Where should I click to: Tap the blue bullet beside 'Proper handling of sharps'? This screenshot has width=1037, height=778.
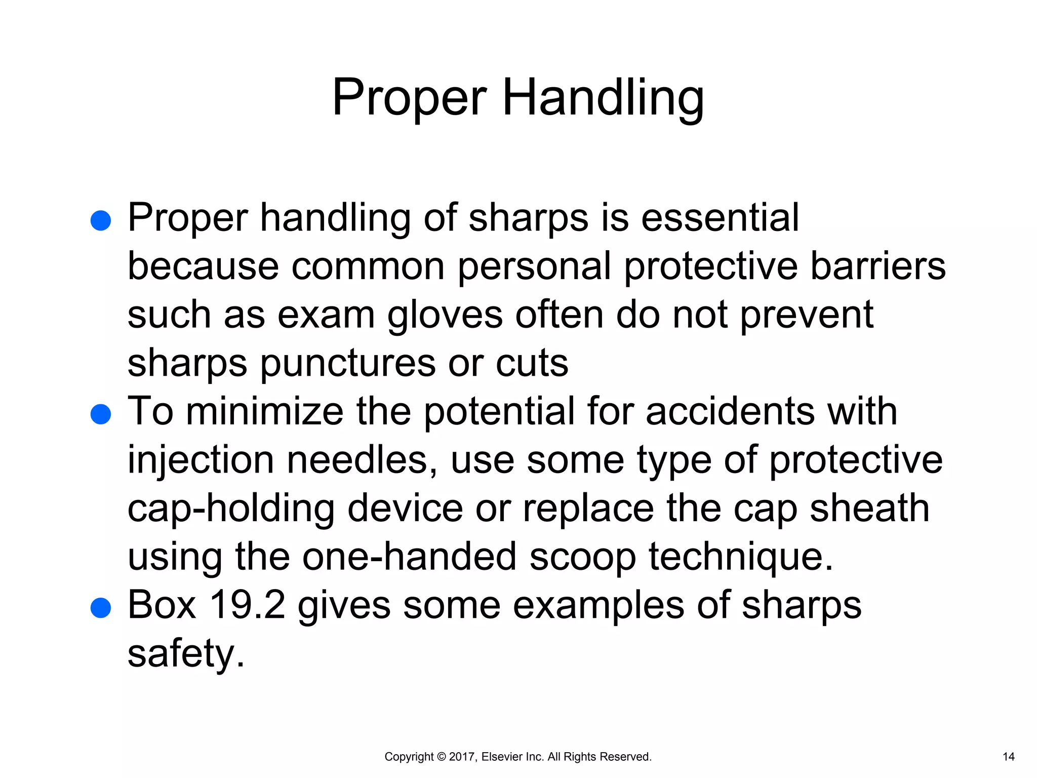101,221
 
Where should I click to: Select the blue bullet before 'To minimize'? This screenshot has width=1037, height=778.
101,414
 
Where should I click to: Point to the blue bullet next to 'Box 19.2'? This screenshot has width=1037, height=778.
101,608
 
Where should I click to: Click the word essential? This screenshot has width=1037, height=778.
720,218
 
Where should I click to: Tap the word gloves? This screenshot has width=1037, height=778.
445,315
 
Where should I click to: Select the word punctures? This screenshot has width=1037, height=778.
347,363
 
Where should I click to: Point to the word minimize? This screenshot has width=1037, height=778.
265,411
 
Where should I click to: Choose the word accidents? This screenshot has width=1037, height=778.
730,411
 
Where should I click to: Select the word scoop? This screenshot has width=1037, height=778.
582,557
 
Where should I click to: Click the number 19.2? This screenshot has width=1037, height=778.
247,605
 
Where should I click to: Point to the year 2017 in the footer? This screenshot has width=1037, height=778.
461,757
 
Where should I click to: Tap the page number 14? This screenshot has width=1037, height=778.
1009,757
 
